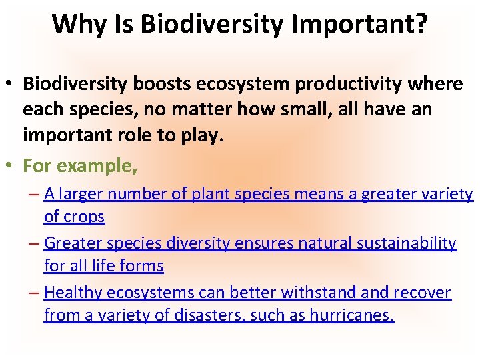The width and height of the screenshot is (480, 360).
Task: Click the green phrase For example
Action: pos(80,165)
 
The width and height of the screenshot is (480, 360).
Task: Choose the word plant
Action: pos(209,194)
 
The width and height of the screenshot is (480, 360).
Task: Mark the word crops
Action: pos(83,217)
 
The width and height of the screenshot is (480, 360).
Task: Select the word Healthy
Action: pos(73,293)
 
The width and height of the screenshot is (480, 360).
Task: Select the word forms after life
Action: pos(144,267)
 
